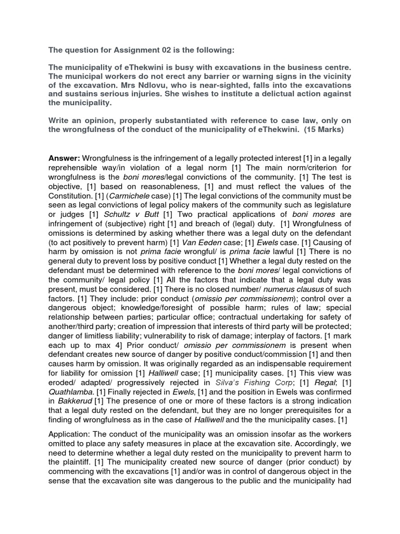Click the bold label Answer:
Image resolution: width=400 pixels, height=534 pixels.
coord(64,158)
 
